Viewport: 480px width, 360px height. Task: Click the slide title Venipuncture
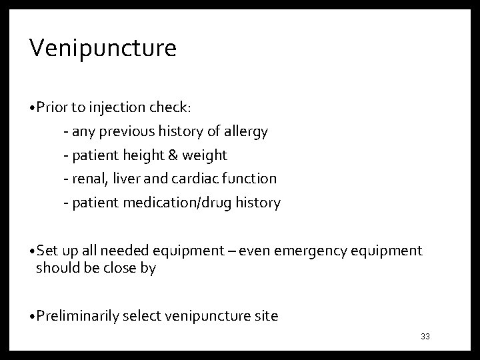click(103, 49)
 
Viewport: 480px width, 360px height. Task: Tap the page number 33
click(425, 336)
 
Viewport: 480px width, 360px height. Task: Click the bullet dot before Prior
click(33, 108)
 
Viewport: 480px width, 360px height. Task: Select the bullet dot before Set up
click(33, 251)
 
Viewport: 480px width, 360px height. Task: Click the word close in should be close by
click(121, 268)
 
